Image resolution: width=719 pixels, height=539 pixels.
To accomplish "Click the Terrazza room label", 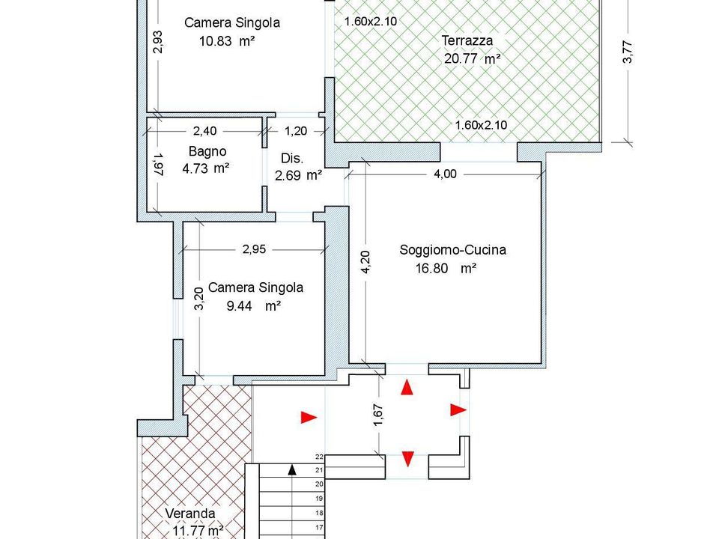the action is (467, 40).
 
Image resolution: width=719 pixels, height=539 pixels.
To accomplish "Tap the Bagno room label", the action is (207, 151).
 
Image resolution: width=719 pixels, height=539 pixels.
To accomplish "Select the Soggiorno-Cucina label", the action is (452, 250).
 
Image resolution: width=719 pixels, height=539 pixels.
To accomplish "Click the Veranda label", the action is (189, 514).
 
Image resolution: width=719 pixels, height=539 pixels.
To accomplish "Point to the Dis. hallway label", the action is (292, 159).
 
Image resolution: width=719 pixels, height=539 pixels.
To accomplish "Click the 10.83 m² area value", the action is (227, 41).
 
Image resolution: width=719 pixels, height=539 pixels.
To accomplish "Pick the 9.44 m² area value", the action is (254, 305).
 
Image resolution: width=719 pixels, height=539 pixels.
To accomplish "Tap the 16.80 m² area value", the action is (446, 268).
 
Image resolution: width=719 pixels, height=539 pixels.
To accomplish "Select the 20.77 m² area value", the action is (472, 59).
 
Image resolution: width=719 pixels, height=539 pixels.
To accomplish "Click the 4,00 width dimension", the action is (445, 174).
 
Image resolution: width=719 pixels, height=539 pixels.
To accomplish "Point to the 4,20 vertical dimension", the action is (366, 262).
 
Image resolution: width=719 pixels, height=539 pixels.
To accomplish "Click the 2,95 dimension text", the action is (254, 249).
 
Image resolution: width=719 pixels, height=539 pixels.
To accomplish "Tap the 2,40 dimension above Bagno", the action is (204, 131).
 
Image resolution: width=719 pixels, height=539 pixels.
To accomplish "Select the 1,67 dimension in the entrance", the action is (379, 415).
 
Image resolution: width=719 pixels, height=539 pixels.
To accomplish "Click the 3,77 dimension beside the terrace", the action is (628, 52).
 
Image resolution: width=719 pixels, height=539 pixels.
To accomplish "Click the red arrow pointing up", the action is (407, 386).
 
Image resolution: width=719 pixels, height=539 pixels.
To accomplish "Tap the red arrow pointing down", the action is (407, 459).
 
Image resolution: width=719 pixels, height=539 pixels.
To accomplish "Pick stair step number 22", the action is (320, 457).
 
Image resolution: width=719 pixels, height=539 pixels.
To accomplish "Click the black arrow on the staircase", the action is (293, 469).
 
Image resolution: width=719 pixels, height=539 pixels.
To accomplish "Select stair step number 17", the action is (320, 528).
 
